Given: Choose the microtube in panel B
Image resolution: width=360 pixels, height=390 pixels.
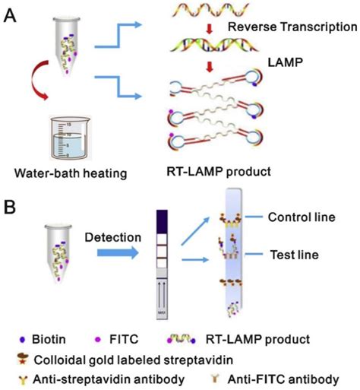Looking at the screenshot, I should (51, 246).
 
